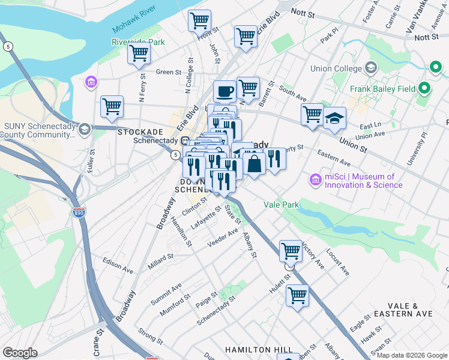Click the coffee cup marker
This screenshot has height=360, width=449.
click(224, 92)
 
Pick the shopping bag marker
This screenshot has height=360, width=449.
click(255, 163)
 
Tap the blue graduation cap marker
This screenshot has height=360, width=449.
click(334, 118)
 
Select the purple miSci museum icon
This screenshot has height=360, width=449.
click(315, 180)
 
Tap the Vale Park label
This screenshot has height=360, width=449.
click(281, 205)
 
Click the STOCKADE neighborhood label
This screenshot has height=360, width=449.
click(140, 131)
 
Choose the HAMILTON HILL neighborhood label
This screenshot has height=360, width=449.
click(259, 349)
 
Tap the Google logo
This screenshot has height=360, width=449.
click(20, 352)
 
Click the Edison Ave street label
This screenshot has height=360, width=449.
click(116, 262)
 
